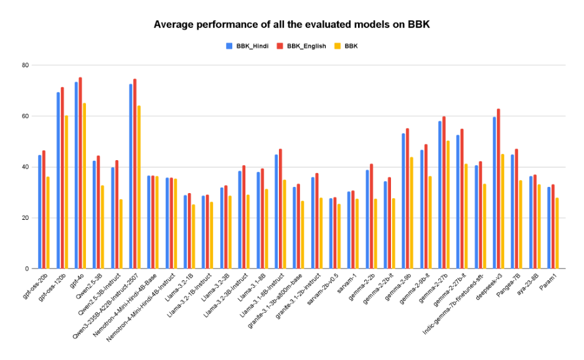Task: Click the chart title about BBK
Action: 292,25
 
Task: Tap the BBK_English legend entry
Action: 304,46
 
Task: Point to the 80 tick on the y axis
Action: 25,65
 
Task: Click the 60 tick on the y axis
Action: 25,116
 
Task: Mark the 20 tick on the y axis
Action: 25,218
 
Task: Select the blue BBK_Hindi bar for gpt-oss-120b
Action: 58,181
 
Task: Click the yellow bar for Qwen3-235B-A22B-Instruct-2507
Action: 139,187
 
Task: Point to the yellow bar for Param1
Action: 557,233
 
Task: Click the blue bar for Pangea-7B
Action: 512,211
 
